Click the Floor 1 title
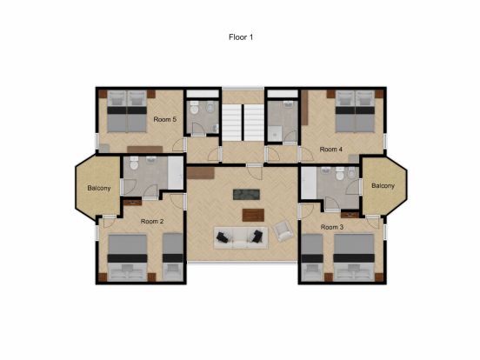241,37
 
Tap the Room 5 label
165,119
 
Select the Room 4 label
331,150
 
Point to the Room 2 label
152,222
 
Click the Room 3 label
332,227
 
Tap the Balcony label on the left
99,188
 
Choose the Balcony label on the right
383,186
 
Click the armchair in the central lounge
283,230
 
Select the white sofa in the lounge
241,237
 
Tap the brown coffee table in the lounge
253,215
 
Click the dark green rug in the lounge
246,195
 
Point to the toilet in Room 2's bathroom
134,163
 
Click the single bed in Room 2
173,257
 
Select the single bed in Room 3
312,257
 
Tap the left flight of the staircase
231,123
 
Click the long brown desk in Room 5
145,150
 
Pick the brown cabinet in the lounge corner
201,173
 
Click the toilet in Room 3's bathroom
339,174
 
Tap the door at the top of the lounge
255,172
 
